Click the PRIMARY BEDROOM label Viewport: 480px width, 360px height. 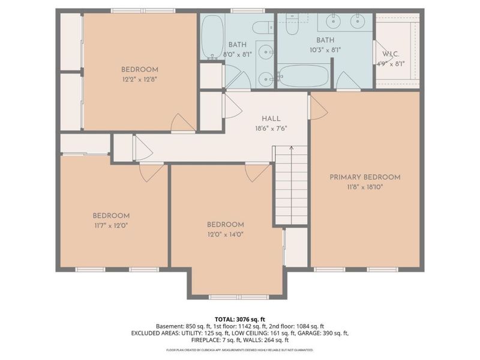click(x=364, y=177)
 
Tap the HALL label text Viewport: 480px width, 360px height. click(x=271, y=119)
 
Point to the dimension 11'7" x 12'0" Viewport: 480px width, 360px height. click(x=110, y=226)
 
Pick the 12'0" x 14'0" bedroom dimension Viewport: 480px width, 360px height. click(x=226, y=234)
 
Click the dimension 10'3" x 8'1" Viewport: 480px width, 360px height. click(x=309, y=50)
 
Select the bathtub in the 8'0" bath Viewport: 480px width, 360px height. click(x=211, y=37)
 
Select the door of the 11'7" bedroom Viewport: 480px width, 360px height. click(x=152, y=172)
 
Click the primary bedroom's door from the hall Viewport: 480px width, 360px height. click(x=317, y=108)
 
